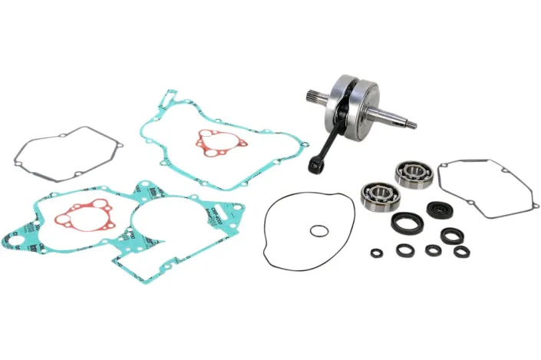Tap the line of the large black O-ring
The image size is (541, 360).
tap(266, 230)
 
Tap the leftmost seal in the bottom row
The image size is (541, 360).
tap(377, 253)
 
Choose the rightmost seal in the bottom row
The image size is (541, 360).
tap(461, 251)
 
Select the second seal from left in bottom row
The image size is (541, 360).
tap(404, 250)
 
